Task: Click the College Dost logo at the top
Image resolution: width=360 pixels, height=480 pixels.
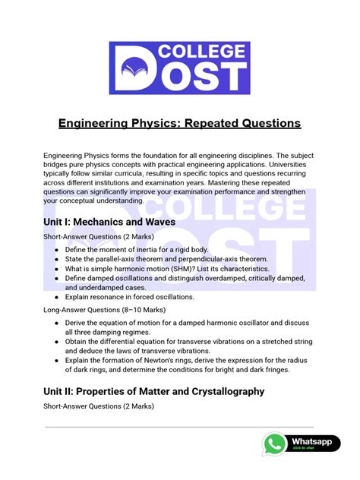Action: (x=179, y=67)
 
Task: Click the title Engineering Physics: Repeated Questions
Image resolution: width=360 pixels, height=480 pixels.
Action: (x=179, y=123)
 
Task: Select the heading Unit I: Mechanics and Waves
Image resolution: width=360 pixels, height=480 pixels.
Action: (x=109, y=222)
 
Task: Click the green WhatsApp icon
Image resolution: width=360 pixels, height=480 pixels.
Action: (x=275, y=444)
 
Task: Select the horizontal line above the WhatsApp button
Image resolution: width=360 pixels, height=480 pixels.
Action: (x=179, y=427)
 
